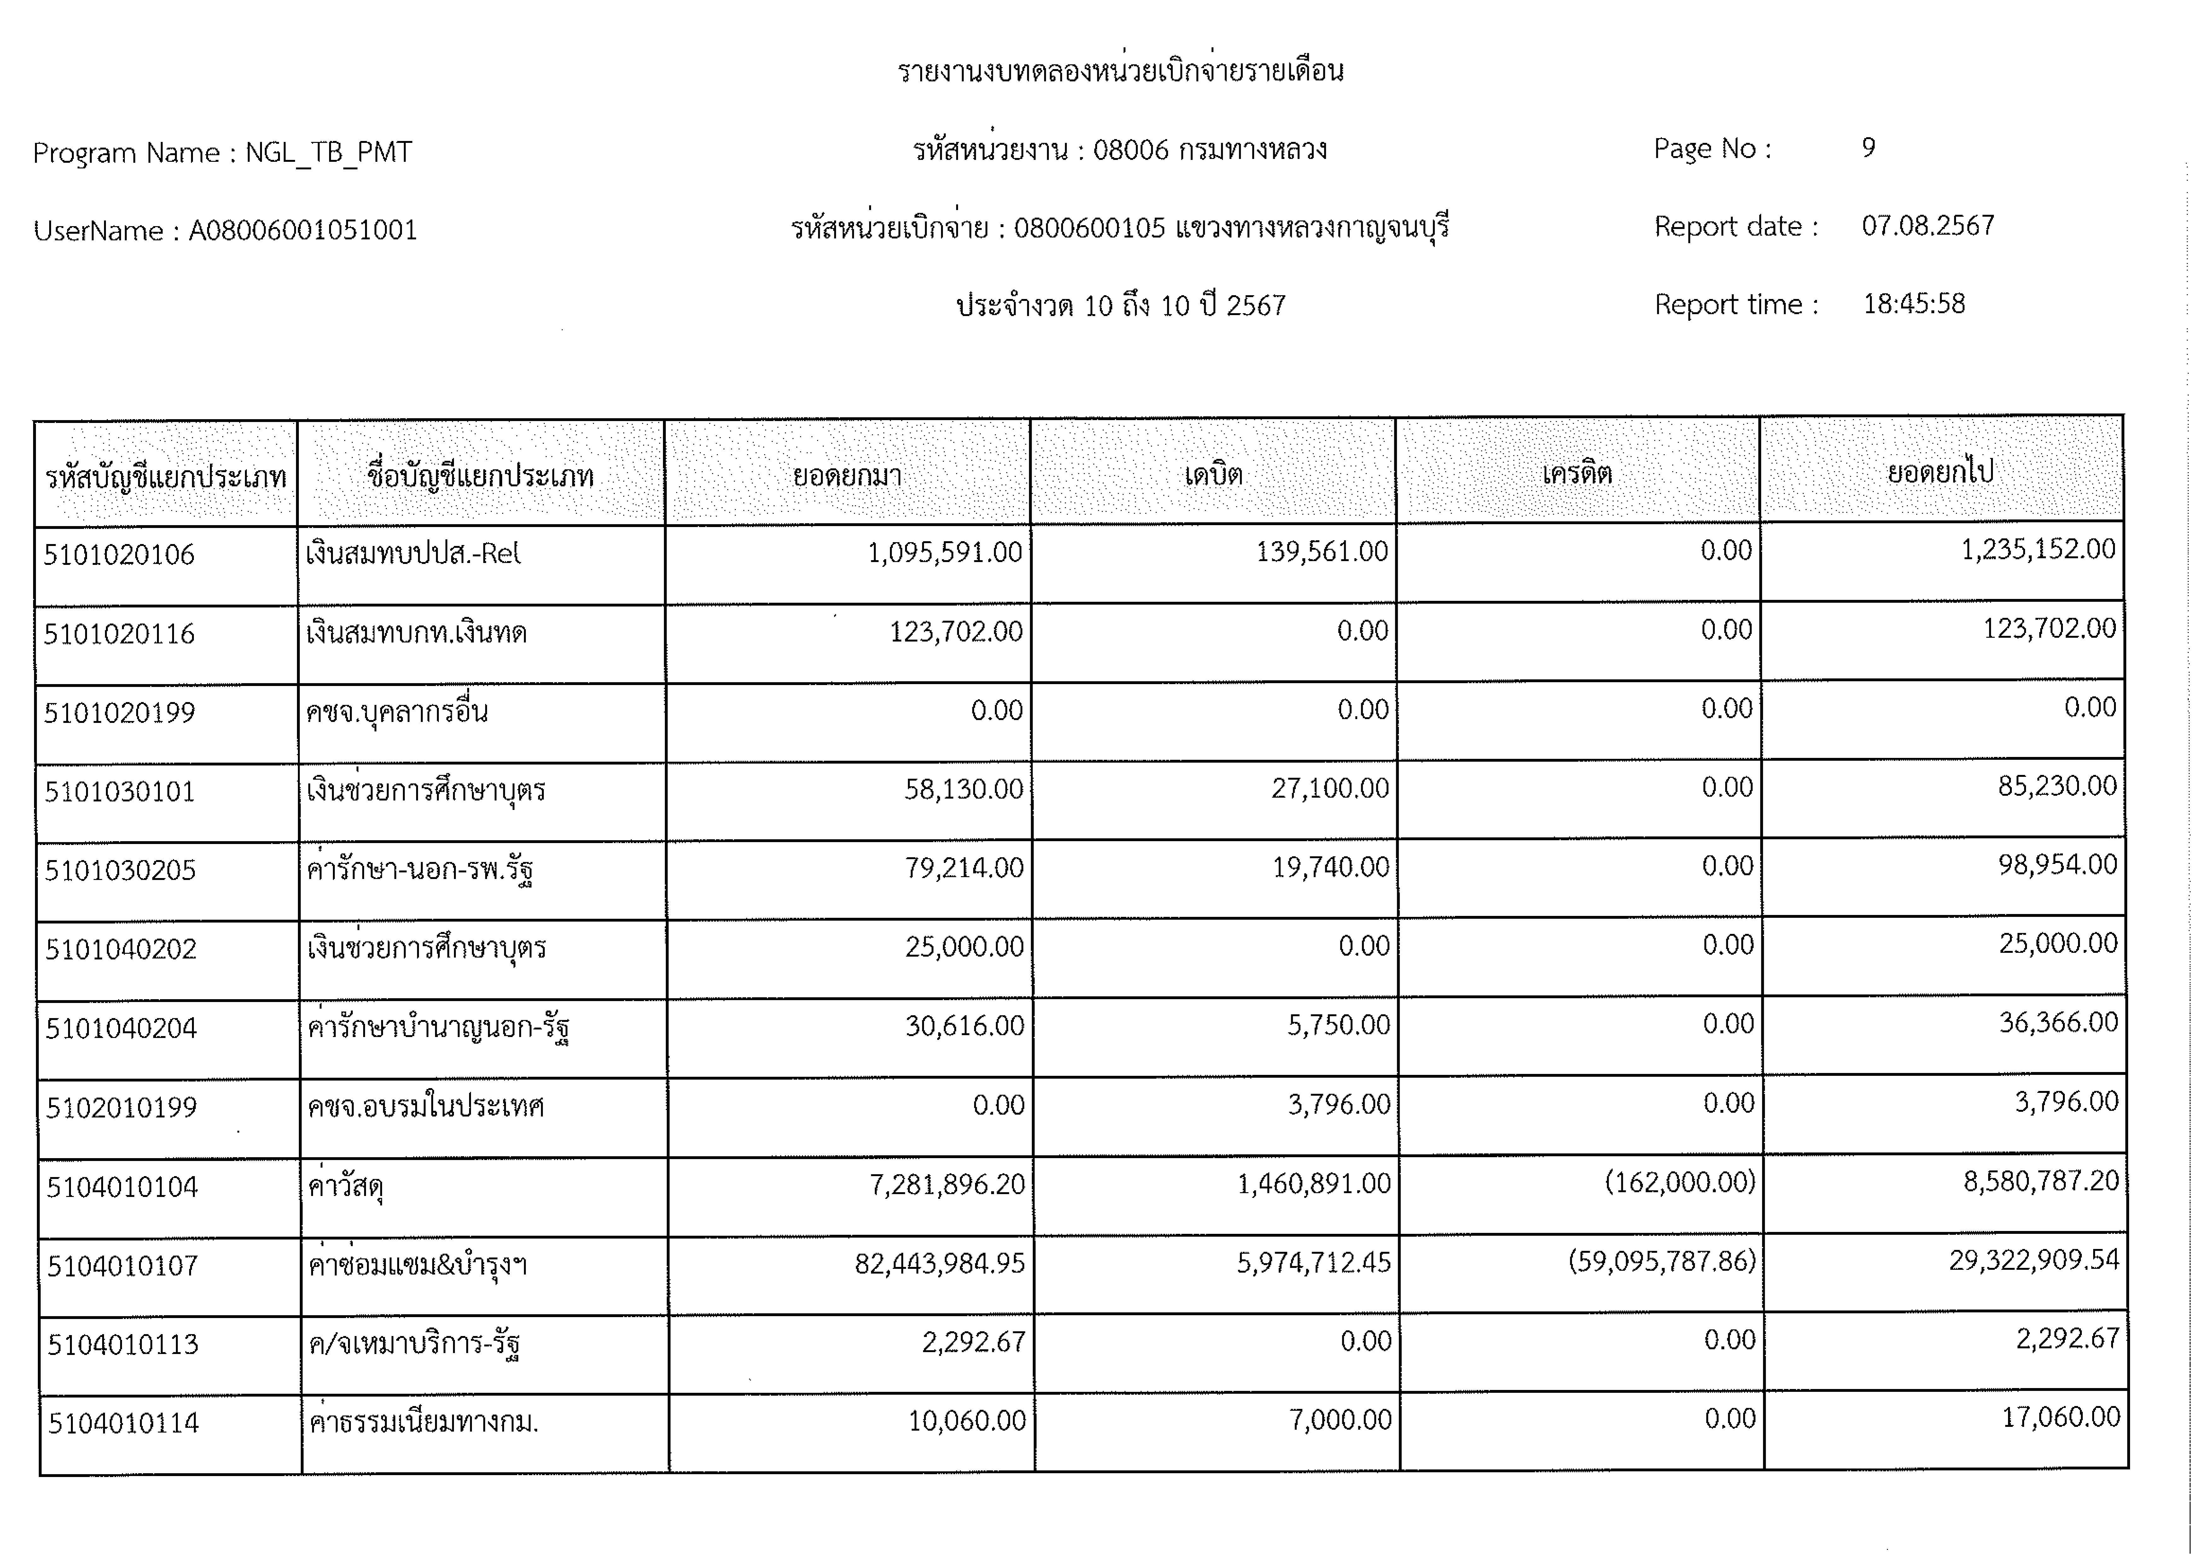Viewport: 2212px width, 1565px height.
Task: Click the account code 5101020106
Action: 119,555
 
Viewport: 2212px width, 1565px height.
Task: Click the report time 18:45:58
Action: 1913,305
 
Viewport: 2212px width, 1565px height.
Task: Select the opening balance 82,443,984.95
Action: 939,1263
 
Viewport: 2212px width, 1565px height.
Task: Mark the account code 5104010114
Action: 123,1423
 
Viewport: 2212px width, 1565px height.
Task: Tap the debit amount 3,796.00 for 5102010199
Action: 1339,1105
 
